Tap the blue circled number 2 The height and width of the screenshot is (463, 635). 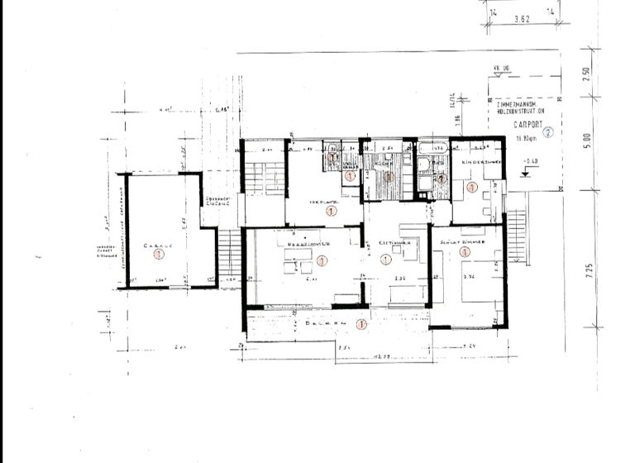[547, 131]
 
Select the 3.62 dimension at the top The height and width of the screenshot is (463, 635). [522, 17]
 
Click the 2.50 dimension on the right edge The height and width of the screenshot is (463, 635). [585, 73]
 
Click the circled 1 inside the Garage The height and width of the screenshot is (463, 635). [158, 256]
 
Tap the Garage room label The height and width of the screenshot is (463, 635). [157, 246]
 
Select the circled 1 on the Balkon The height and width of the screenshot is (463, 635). [360, 324]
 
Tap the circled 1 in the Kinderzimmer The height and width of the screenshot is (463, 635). [472, 187]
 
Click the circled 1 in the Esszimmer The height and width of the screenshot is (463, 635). [384, 260]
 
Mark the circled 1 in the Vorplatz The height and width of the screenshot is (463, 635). [331, 212]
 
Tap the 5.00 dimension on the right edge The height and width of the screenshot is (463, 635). [586, 142]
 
